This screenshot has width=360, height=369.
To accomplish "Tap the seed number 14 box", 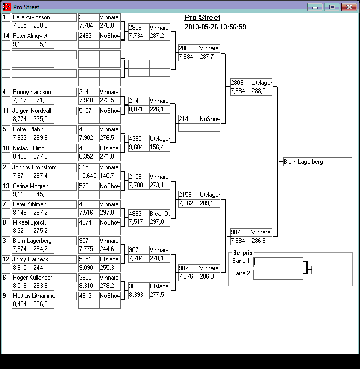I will coord(6,36).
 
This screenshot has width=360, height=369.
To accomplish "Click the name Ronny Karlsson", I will coord(32,92).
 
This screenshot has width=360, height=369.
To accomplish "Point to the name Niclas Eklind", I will coord(29,148).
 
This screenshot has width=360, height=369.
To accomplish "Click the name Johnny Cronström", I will coord(35,167).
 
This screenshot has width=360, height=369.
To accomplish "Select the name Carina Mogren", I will coord(31,186).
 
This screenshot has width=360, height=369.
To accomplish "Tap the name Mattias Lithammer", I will coord(34,296).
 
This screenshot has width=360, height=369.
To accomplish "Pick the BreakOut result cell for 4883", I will coord(159,214).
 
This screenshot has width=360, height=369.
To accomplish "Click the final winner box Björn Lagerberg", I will coord(317,162).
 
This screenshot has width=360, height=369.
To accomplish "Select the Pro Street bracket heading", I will coord(202,18).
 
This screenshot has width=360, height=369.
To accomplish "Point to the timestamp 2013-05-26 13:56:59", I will coord(215,27).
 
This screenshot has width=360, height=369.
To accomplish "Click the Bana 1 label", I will coord(241,261).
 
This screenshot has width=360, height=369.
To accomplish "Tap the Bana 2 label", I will coord(241,273).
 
